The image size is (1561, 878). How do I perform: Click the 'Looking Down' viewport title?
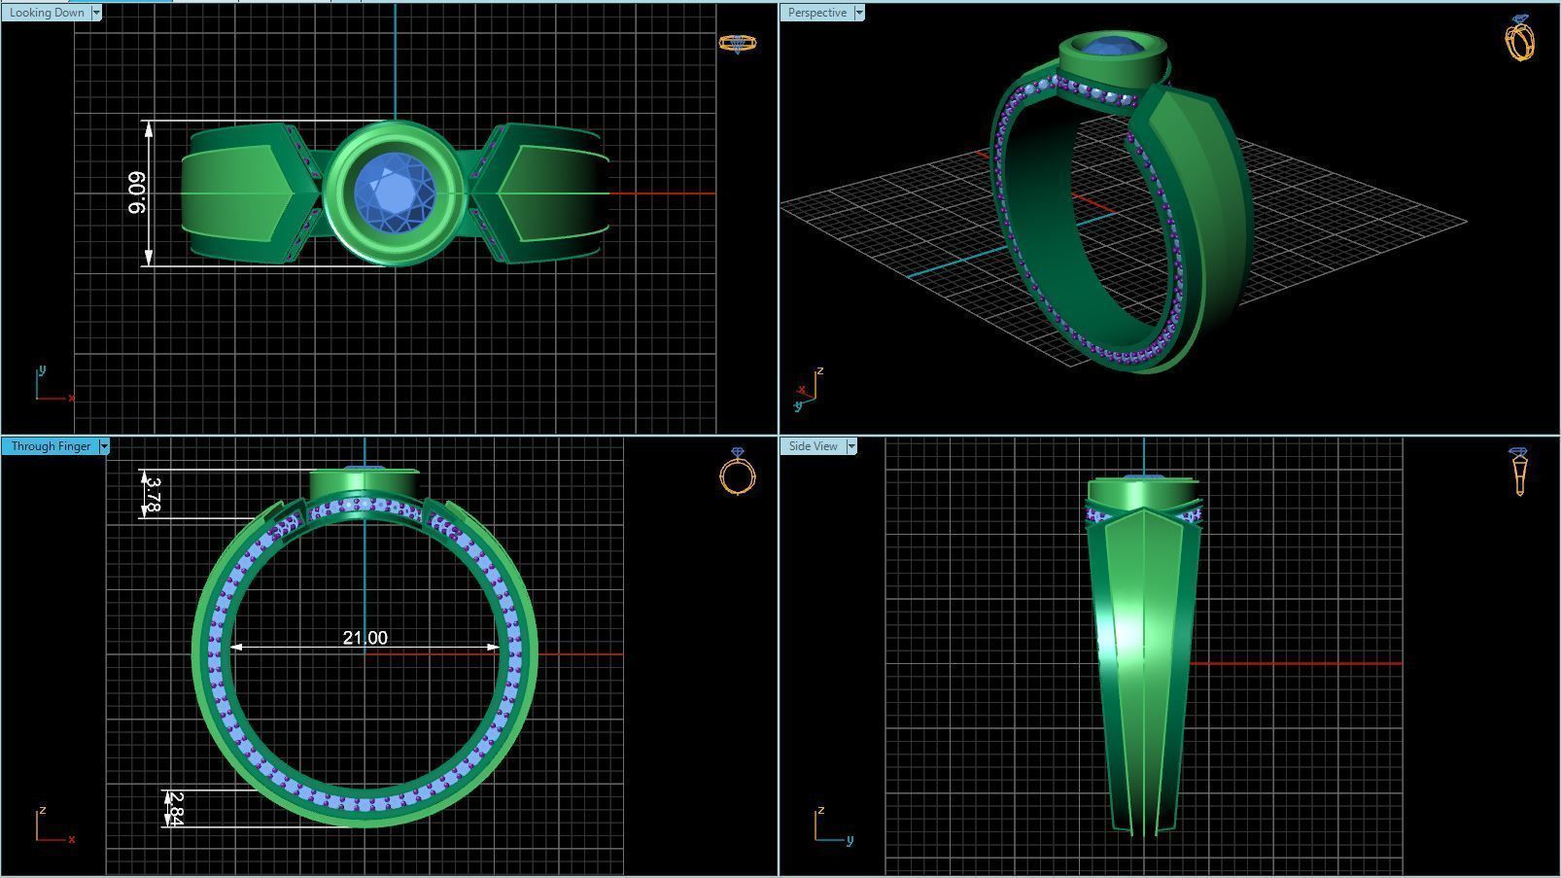(x=47, y=13)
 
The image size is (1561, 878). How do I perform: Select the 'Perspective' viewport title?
(x=816, y=13)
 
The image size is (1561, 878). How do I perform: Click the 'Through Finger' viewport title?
(x=51, y=446)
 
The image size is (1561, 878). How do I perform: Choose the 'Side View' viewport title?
(x=813, y=446)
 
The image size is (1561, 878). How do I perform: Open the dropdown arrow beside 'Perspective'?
(x=859, y=13)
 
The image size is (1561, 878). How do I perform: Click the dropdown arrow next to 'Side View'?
(x=851, y=446)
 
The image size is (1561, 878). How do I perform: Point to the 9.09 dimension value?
(x=137, y=193)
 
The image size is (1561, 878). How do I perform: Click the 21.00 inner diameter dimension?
(x=364, y=638)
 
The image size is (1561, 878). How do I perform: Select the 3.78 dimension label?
(x=153, y=494)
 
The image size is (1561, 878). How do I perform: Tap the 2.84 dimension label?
(x=175, y=808)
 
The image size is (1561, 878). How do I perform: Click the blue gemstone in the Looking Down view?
(x=394, y=193)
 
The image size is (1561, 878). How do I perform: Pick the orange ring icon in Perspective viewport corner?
(x=1520, y=39)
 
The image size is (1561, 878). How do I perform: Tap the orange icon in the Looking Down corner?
(x=737, y=43)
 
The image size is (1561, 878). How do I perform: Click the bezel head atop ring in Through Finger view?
(x=364, y=483)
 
